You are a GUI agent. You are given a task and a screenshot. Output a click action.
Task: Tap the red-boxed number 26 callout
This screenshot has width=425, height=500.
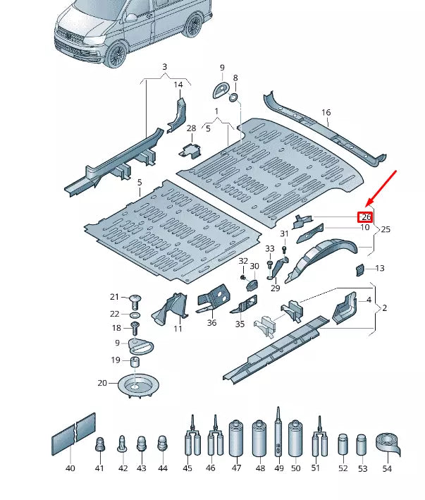tap(366, 217)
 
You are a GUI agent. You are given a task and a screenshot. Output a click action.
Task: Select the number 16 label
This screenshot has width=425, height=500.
tap(326, 112)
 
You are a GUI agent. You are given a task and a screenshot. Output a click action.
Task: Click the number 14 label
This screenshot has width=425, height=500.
tap(178, 85)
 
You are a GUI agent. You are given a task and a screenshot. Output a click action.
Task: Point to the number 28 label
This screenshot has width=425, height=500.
tap(191, 128)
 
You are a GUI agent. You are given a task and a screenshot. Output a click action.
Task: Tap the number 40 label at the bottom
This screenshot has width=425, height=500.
tap(70, 468)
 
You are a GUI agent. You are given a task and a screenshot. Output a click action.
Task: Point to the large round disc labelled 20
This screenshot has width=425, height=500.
tap(138, 384)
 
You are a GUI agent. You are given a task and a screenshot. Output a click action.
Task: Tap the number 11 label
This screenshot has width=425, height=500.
tap(178, 329)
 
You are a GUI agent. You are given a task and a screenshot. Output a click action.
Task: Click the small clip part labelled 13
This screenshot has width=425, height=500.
tap(359, 269)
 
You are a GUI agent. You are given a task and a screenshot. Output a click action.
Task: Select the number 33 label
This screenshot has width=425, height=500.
tap(270, 249)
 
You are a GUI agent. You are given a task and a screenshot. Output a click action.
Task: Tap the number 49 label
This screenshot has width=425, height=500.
tap(278, 468)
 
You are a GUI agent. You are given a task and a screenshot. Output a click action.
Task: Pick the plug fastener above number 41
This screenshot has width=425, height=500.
tap(99, 445)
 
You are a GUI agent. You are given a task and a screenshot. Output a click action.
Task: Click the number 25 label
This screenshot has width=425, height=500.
tap(385, 230)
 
